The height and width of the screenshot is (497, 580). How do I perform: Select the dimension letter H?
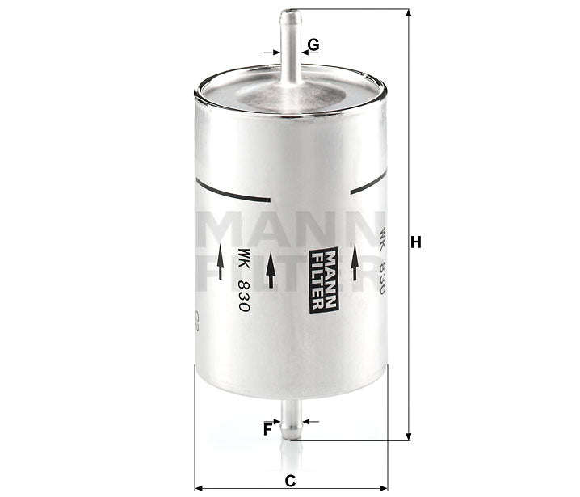coord(417,242)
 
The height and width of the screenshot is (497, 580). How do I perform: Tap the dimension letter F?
coord(267,429)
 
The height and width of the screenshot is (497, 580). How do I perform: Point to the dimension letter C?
coord(290,480)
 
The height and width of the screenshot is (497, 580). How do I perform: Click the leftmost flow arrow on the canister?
coord(221,267)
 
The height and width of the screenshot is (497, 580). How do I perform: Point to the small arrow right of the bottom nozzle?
coord(312,421)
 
